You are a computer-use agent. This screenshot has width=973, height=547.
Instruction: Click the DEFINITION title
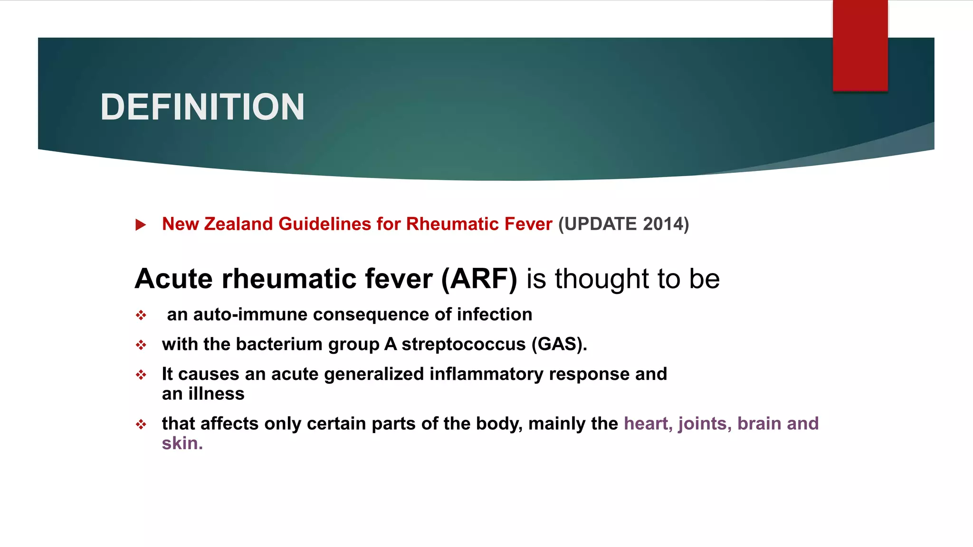202,107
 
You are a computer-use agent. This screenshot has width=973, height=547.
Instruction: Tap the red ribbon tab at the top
860,46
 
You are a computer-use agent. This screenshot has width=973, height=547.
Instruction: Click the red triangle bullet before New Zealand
141,225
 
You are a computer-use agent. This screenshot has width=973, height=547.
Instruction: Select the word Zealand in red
238,224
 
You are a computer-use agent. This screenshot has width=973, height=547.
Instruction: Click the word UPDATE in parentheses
601,224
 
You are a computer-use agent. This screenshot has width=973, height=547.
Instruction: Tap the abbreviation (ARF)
479,279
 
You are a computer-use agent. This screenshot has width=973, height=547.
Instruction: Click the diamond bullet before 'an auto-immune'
141,315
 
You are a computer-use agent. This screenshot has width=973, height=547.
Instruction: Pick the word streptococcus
463,344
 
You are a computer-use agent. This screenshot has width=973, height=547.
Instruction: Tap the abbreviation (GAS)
559,344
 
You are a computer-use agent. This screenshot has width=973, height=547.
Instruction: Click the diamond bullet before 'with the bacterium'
141,345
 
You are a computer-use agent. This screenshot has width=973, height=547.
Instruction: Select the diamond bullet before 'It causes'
141,375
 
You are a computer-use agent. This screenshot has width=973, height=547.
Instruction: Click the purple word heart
648,424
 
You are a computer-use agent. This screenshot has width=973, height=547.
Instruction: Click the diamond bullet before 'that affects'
141,424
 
